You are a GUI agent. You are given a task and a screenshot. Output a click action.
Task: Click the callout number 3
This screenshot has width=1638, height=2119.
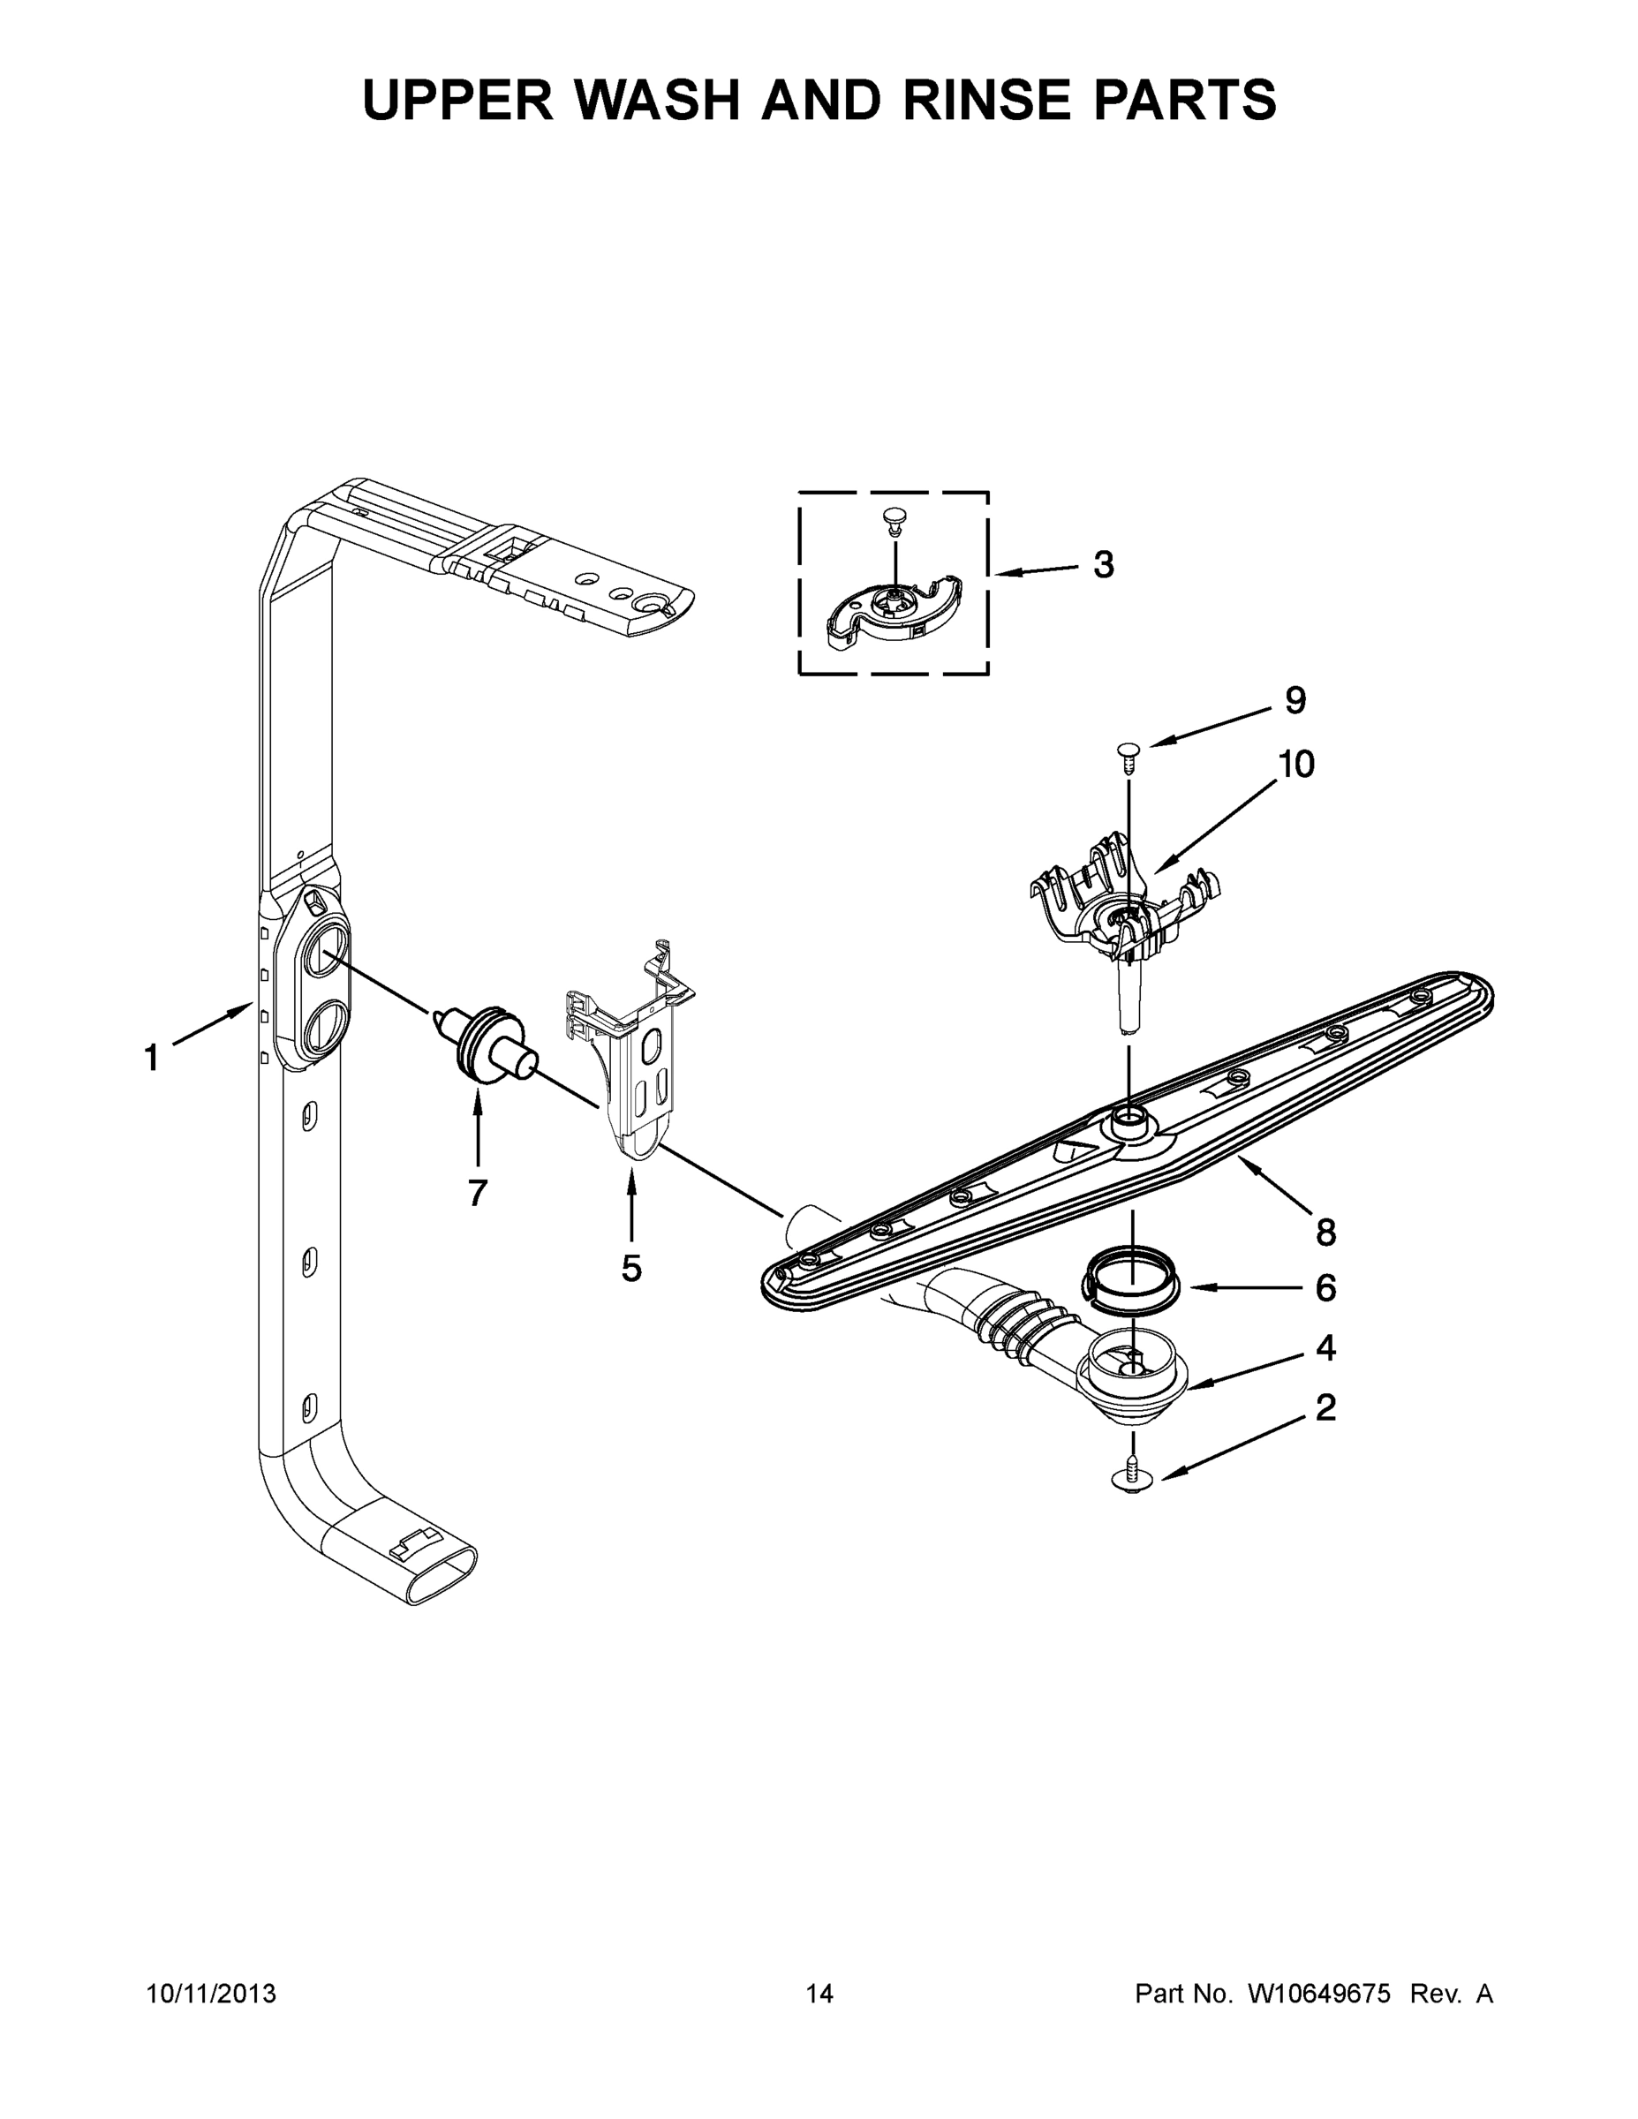click(x=1103, y=565)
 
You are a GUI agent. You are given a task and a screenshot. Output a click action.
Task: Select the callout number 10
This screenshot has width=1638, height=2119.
click(x=1295, y=765)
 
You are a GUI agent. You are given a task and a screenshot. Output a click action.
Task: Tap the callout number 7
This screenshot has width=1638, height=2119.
click(x=477, y=1193)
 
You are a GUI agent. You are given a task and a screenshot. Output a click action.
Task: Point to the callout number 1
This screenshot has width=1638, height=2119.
click(x=150, y=1058)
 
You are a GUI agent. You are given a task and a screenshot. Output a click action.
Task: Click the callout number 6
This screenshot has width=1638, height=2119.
click(x=1325, y=1287)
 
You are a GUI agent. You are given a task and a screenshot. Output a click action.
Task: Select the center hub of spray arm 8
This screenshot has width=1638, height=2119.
click(x=1129, y=1127)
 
